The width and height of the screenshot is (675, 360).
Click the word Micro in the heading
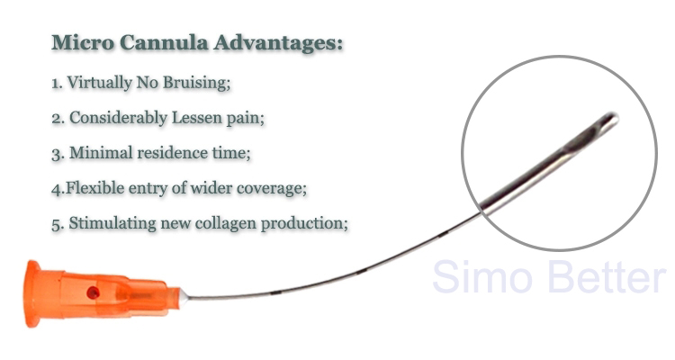[x=83, y=42]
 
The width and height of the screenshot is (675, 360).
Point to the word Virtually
[x=99, y=83]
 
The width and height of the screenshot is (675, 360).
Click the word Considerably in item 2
[x=119, y=118]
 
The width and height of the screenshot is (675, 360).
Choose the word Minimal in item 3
[x=101, y=153]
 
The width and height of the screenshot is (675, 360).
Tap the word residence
[x=172, y=153]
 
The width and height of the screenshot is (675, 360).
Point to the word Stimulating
[x=112, y=223]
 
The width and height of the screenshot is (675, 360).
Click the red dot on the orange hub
[x=93, y=293]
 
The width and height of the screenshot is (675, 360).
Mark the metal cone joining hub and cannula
[x=184, y=298]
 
